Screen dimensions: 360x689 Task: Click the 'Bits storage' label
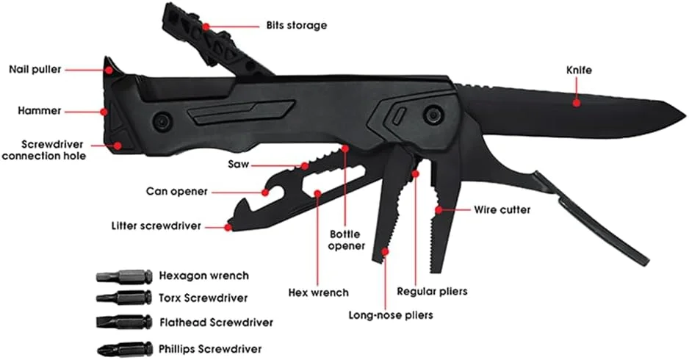point(296,25)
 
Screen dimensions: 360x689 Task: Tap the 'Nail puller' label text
point(35,70)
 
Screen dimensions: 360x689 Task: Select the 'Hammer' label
point(40,111)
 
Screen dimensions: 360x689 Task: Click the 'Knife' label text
point(579,70)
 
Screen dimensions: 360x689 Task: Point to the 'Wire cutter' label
point(502,209)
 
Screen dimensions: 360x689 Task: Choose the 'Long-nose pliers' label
point(390,315)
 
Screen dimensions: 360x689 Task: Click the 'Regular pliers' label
point(432,291)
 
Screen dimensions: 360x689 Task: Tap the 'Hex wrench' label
point(318,292)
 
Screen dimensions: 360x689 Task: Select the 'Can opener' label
point(176,192)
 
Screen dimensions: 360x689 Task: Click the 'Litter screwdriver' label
point(156,226)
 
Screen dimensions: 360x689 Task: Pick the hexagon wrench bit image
point(123,276)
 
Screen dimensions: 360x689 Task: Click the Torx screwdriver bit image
point(123,298)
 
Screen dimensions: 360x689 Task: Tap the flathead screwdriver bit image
point(123,322)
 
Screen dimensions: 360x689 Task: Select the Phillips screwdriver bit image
point(123,348)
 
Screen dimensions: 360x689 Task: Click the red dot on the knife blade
point(577,103)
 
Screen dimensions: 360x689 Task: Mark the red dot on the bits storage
point(206,26)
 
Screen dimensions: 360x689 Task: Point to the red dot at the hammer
point(105,112)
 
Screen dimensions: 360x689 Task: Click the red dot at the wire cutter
point(438,210)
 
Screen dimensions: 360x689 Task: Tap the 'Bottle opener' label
point(346,240)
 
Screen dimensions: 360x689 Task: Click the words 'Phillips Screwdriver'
point(210,349)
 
